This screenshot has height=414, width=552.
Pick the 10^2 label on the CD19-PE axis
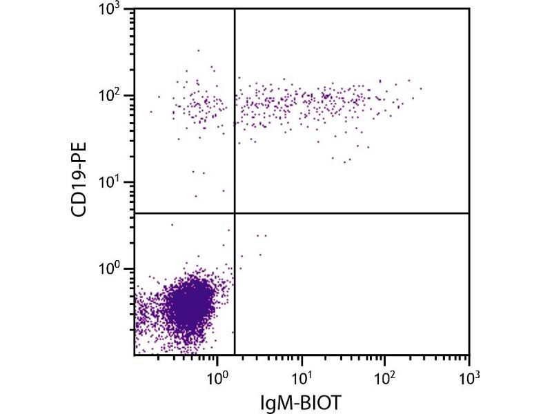(x=110, y=95)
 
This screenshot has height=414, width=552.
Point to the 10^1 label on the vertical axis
(x=110, y=182)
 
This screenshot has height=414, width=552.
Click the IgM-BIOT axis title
(x=302, y=401)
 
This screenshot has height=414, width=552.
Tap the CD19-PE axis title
(x=82, y=181)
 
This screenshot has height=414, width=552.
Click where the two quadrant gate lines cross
(x=235, y=214)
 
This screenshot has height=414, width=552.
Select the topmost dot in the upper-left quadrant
(x=199, y=50)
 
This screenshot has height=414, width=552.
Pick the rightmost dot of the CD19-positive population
(x=421, y=88)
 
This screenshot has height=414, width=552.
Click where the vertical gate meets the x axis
(x=235, y=355)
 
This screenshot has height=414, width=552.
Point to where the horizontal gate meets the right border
(x=469, y=214)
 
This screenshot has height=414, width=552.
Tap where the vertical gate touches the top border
(x=235, y=9)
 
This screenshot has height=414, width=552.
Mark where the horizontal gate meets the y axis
(x=135, y=214)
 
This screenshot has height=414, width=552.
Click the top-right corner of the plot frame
(x=469, y=9)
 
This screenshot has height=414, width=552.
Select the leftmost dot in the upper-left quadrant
(x=151, y=112)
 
